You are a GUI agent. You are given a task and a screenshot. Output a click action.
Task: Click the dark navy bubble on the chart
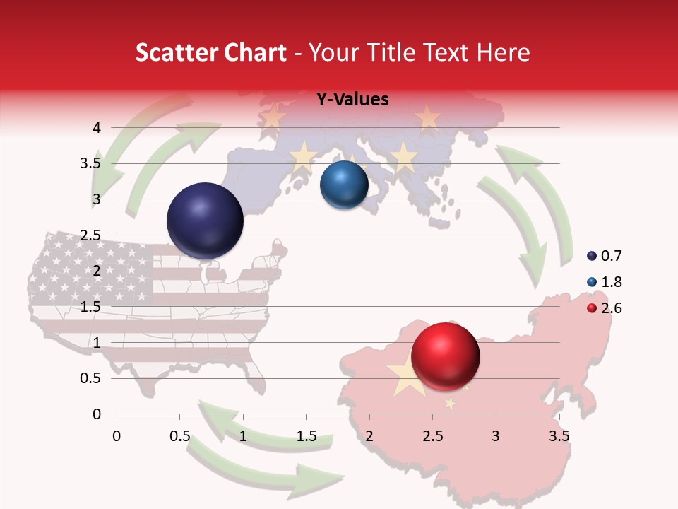206,221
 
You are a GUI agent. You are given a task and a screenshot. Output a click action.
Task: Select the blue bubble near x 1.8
344,185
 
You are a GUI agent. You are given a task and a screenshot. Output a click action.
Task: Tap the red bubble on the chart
445,356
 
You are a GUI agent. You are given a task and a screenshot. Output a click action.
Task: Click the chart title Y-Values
352,100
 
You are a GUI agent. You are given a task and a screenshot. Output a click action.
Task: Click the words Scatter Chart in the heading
210,52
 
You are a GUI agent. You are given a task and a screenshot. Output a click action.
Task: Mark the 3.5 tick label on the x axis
559,436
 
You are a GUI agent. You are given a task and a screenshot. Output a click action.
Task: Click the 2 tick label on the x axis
369,436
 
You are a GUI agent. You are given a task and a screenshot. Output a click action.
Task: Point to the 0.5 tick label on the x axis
179,436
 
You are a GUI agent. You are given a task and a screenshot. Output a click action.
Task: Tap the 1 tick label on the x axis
243,436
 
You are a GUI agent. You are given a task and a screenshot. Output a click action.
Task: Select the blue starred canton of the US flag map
92,269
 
